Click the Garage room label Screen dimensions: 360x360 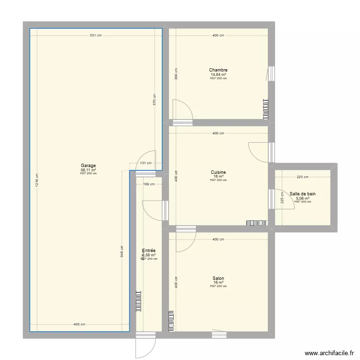(88, 166)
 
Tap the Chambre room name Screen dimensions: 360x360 (218, 70)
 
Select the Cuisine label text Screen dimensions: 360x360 (218, 172)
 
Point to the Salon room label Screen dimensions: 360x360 (218, 278)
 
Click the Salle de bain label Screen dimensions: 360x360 (302, 194)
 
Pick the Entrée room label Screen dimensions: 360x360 (149, 251)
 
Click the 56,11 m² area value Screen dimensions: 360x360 (88, 170)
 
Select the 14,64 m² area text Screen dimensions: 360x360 (218, 74)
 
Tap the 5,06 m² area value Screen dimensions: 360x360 (302, 198)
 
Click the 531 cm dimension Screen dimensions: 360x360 (95, 36)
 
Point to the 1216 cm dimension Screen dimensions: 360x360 (36, 180)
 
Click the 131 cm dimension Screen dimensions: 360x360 (145, 163)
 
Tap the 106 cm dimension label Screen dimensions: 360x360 (149, 184)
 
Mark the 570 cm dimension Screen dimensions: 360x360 (154, 98)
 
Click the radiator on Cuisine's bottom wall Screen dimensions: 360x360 (256, 223)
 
